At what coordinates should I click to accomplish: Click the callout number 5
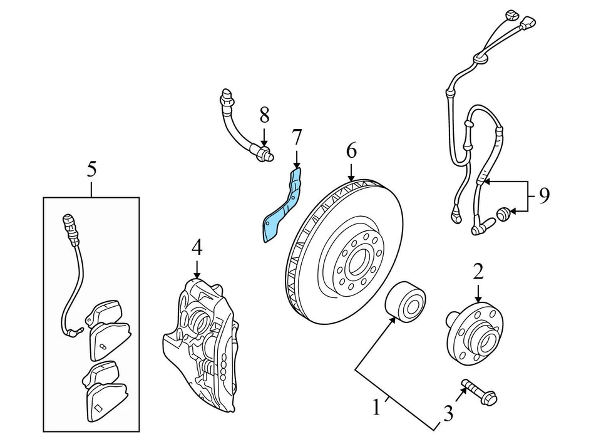click(92, 168)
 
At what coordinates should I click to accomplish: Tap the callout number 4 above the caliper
click(197, 248)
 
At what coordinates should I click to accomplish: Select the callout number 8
click(264, 115)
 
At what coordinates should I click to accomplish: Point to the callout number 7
click(297, 136)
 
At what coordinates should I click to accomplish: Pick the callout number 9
click(544, 196)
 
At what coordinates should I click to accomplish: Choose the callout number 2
click(478, 271)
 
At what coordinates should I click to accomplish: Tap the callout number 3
click(447, 413)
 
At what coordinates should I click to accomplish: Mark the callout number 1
click(376, 409)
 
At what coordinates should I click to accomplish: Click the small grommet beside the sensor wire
click(502, 216)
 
